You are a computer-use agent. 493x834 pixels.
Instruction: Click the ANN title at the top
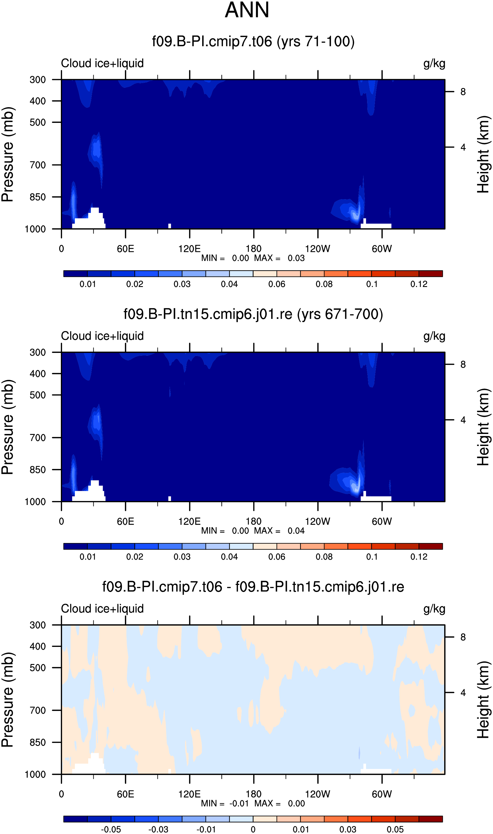point(247,10)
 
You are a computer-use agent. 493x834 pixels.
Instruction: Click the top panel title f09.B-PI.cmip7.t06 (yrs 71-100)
point(253,42)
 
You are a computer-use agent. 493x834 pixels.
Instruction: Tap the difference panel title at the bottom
point(253,587)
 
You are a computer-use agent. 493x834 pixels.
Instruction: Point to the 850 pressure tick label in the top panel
point(38,197)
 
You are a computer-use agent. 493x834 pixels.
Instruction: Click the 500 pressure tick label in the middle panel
point(38,395)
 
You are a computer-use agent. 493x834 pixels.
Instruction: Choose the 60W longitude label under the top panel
point(382,249)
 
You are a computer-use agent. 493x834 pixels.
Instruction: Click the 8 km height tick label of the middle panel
point(463,364)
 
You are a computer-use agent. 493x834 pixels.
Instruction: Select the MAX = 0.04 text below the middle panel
point(279,531)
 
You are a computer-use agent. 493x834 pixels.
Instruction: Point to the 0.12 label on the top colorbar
point(419,284)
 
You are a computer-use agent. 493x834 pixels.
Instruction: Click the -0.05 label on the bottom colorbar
point(111,829)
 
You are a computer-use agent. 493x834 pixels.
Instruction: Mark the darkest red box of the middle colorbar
point(430,546)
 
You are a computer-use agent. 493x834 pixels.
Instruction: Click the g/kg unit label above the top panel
point(434,63)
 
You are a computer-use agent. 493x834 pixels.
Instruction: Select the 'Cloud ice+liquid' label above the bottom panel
point(102,609)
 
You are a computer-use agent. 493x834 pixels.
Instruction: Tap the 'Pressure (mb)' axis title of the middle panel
point(7,427)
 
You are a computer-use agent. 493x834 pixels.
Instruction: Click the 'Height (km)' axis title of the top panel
point(483,155)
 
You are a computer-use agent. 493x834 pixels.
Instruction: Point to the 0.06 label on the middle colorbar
point(277,557)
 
